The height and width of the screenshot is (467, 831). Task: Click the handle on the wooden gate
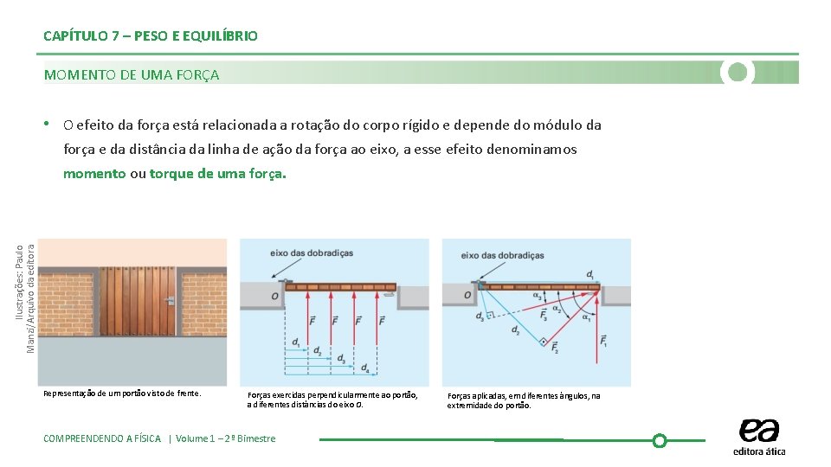coord(171,300)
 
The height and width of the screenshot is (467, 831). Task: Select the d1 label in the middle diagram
coord(297,342)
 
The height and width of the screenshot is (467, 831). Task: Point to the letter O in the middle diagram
coord(274,296)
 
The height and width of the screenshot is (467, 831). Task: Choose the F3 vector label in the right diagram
coord(544,316)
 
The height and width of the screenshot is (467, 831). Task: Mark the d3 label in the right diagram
coord(480,317)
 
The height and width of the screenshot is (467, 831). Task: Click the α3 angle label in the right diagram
coord(537,297)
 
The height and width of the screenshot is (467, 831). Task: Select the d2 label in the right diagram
coord(516,329)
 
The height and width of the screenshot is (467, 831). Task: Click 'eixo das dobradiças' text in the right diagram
coord(503,255)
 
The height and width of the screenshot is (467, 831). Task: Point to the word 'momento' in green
coord(94,173)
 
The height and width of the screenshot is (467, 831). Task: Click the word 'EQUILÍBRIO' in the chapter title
coord(221,35)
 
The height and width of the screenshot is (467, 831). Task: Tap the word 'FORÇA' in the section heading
coord(201,74)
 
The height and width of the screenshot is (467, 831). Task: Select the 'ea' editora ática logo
coord(759,436)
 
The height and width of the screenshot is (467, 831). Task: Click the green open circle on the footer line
coord(659,440)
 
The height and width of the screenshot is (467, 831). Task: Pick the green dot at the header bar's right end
coord(738,72)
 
